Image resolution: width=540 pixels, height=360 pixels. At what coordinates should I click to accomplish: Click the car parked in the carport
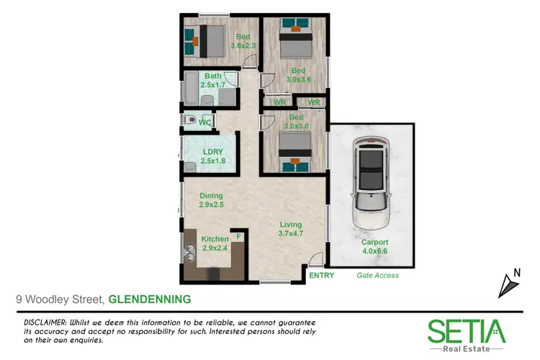point(371,183)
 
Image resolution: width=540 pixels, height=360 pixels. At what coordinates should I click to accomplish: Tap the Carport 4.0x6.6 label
point(375,247)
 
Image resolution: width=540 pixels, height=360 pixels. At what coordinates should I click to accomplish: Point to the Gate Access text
point(377,275)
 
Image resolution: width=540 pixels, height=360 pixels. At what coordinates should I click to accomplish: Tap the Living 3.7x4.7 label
point(292,229)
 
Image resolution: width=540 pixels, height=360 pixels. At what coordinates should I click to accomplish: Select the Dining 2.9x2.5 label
point(211,200)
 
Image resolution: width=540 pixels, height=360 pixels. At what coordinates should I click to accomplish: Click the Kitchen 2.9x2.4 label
point(215,243)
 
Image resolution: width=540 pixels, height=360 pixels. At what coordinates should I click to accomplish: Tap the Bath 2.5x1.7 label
point(212,80)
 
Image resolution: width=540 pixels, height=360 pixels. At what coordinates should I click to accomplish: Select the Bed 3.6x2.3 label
point(243,40)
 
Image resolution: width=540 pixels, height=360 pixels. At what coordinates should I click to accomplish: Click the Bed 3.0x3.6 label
point(299,75)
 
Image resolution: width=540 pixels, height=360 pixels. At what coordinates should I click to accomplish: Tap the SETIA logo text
point(467,331)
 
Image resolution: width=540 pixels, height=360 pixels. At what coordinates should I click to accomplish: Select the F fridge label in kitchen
point(238,236)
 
